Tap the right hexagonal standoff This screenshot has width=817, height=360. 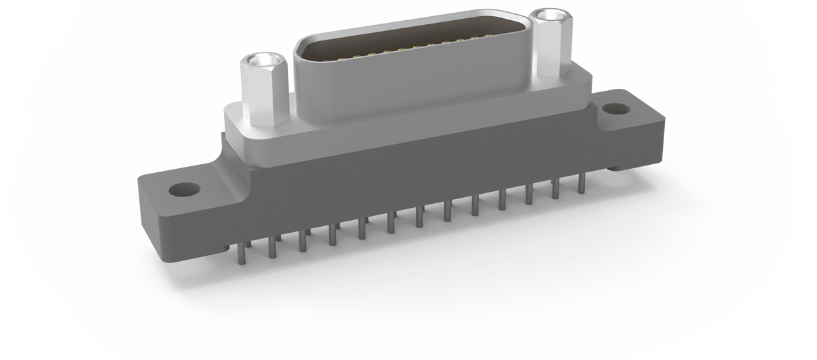pyautogui.click(x=550, y=47)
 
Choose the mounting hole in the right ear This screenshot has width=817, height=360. pyautogui.click(x=614, y=108)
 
